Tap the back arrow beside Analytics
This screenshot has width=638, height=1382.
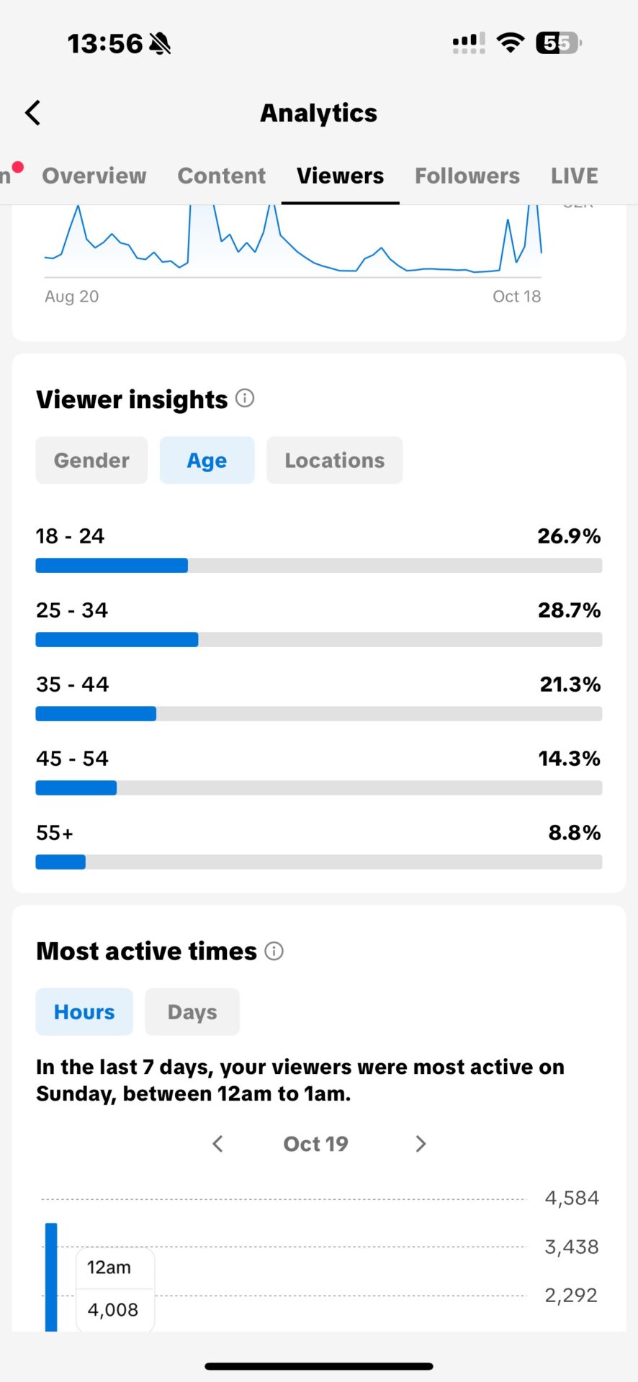point(33,113)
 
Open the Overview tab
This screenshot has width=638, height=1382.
point(94,176)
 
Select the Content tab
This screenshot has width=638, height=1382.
point(221,176)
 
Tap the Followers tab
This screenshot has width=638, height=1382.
point(467,176)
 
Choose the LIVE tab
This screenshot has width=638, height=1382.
point(574,176)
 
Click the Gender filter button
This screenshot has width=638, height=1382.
point(91,460)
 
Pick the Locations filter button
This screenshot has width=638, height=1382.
point(334,460)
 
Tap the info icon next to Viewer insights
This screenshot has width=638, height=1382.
point(245,398)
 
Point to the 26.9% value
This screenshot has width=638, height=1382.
point(568,536)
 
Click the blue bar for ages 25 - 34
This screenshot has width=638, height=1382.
point(117,640)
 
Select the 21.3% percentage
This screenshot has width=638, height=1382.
point(570,684)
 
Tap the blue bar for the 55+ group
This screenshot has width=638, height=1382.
point(60,862)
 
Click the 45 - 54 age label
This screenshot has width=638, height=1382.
point(72,758)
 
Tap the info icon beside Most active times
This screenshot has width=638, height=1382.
point(274,951)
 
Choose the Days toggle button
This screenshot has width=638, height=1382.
point(192,1011)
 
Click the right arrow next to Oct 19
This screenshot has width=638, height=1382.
point(421,1144)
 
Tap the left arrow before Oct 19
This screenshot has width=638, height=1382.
point(217,1144)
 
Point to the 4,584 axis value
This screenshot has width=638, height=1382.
point(571,1198)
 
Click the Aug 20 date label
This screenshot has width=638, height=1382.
point(71,296)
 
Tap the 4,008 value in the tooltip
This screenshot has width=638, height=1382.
point(112,1309)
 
